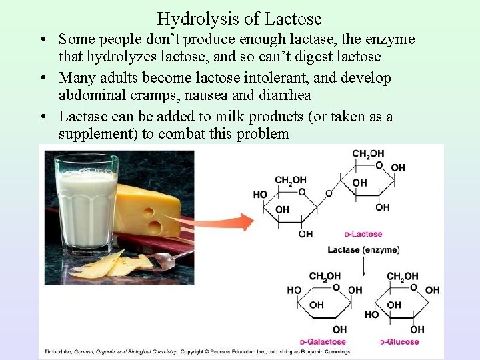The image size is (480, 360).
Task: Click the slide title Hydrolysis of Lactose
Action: pos(239,19)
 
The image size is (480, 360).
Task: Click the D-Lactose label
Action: pos(363,235)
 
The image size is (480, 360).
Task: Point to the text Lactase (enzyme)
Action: pos(363,250)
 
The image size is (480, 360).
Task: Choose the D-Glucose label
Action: pos(399,342)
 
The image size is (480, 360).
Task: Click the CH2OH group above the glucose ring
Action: pos(403,276)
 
